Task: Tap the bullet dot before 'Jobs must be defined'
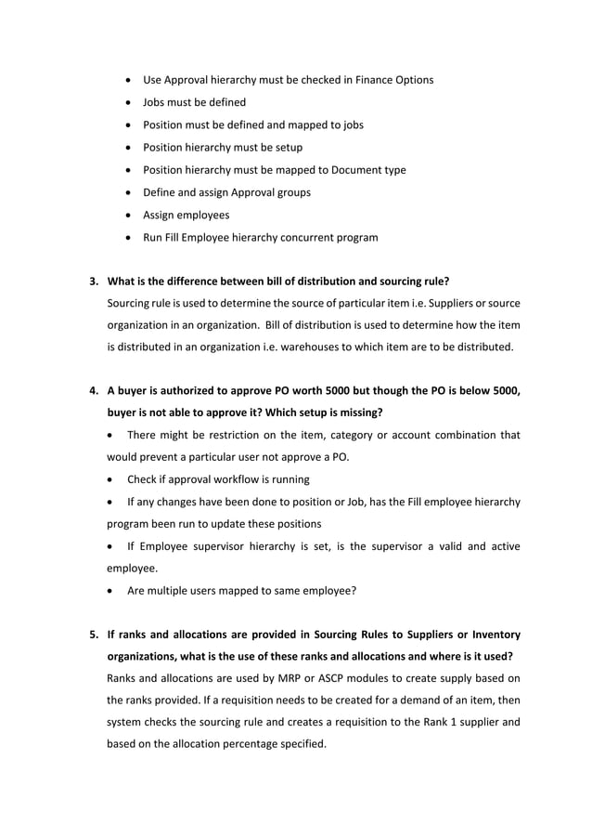(127, 102)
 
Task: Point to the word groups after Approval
(290, 192)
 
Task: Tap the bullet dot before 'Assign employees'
(127, 215)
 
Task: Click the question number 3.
(92, 282)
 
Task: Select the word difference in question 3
(201, 282)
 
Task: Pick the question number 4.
(92, 391)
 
